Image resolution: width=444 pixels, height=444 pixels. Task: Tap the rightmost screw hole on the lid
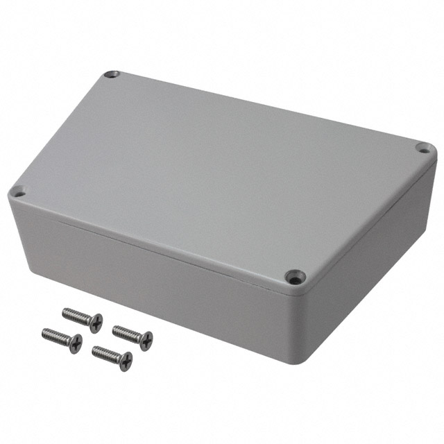[x=422, y=147]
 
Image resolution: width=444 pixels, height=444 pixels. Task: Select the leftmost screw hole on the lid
[x=19, y=192]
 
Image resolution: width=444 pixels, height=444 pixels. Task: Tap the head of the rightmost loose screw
[x=146, y=339]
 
